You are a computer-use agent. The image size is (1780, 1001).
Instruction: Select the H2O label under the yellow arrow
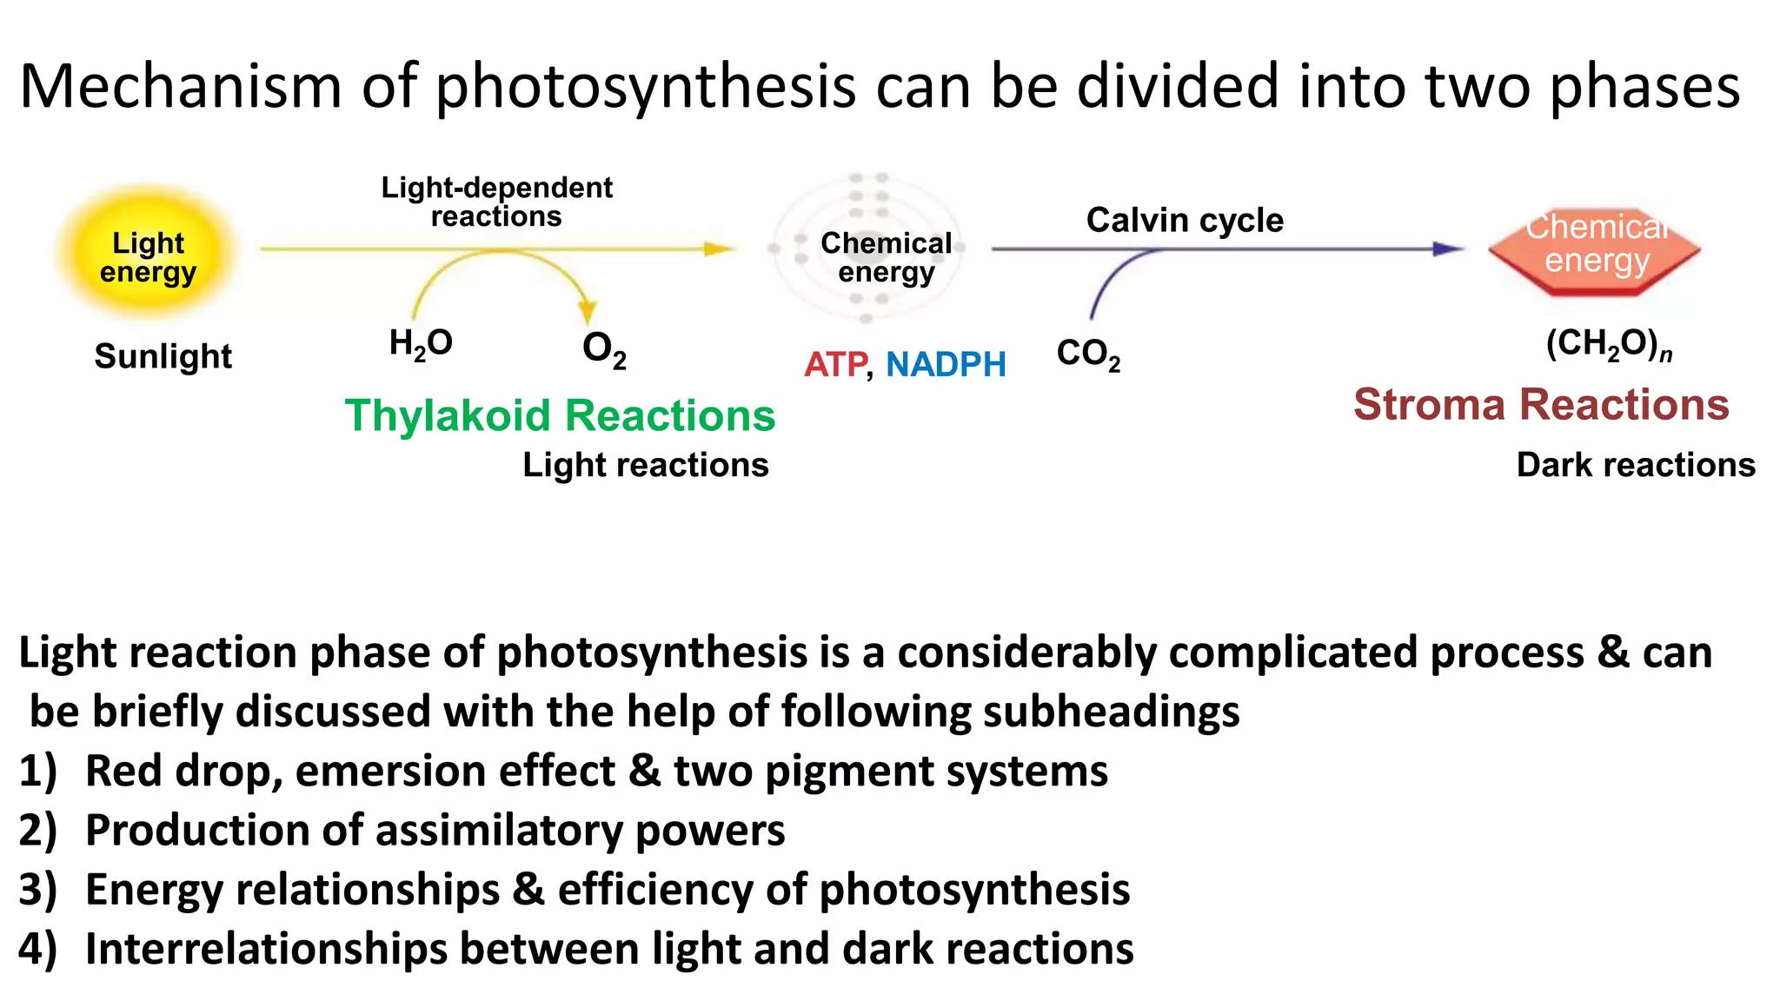tap(421, 344)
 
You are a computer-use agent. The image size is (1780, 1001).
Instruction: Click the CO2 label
tap(1088, 355)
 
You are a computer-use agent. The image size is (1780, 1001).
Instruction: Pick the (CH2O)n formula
tap(1609, 344)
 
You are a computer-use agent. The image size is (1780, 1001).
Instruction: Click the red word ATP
tap(835, 364)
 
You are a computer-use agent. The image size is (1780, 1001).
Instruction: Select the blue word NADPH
tap(946, 364)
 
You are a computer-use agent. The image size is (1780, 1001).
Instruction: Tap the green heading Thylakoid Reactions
tap(560, 415)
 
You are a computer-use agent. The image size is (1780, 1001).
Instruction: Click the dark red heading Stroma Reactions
tap(1541, 405)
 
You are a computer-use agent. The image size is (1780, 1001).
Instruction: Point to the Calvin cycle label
tap(1185, 221)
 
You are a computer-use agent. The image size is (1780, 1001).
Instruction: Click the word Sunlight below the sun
tap(163, 356)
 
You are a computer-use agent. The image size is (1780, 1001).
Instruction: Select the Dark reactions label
tap(1636, 465)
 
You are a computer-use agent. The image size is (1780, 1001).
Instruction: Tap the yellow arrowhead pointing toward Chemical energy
tap(721, 249)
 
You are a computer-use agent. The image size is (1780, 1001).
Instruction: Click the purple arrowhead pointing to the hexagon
tap(1449, 249)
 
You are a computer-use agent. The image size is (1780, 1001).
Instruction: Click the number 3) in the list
tap(38, 890)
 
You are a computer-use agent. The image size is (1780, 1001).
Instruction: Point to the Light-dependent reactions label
tap(496, 202)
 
